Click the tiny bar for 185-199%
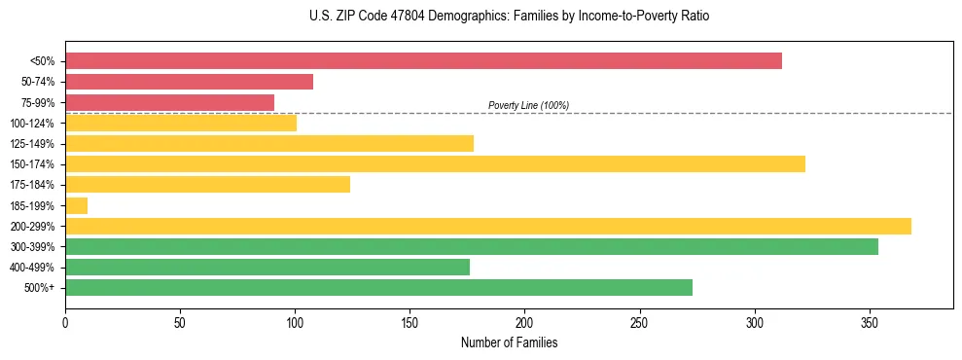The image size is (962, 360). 76,205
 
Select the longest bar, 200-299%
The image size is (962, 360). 487,226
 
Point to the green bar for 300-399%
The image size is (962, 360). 471,246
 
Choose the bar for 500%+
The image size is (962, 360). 378,287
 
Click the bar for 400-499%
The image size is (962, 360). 267,267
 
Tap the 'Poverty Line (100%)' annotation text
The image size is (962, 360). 528,105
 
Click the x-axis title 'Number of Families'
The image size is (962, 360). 509,343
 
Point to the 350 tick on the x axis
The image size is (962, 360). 870,322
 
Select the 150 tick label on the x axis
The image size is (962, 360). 410,322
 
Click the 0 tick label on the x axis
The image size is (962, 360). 65,322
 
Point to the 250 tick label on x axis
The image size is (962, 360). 639,322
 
